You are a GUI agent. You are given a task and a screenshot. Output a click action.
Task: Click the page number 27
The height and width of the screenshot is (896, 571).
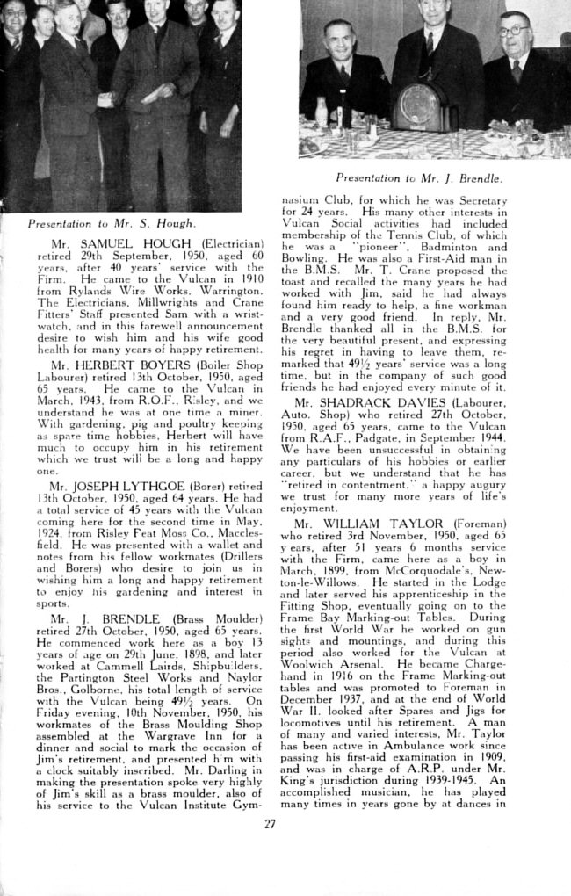[270, 823]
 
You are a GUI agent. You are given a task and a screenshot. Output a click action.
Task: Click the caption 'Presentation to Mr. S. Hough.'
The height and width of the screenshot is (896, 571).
[111, 223]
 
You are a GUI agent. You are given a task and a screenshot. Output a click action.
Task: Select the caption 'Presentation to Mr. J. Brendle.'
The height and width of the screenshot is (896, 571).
[419, 178]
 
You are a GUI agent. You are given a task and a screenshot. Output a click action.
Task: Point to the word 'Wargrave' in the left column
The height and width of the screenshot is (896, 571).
[163, 717]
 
